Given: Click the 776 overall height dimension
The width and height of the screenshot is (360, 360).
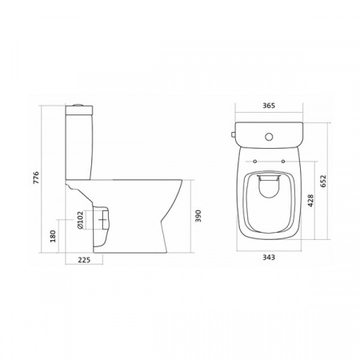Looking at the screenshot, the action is coord(36,178).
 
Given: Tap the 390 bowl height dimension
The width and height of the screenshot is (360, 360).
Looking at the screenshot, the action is coord(198,216).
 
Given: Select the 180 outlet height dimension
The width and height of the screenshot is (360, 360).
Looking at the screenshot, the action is coord(53,236).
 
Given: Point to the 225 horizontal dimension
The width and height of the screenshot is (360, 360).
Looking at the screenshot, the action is coord(84,260).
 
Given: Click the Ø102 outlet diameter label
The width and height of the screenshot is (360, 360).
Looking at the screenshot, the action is coord(80,220).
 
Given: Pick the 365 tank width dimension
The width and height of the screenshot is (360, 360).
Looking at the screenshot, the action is coord(269,106).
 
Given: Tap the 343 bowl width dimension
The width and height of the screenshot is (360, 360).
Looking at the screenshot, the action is coord(269,258).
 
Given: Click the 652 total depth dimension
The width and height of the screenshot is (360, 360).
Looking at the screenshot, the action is coord(323,182).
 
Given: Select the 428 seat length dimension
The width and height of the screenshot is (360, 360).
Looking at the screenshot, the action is coord(310,201).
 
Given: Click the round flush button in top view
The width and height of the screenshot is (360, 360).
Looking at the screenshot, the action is coord(269,137).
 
